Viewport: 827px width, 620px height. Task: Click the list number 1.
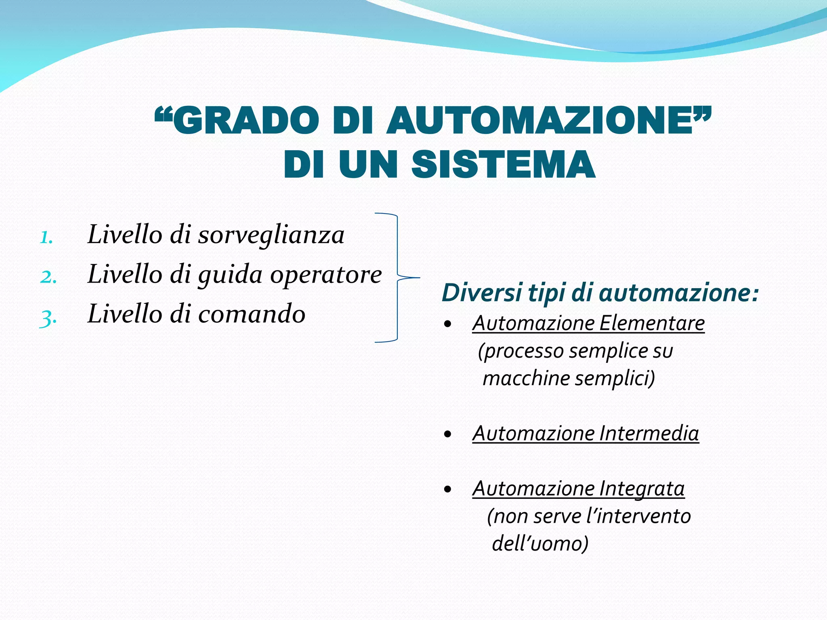click(x=46, y=237)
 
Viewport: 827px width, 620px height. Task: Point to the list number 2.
click(x=48, y=277)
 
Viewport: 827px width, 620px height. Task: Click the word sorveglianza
click(x=271, y=235)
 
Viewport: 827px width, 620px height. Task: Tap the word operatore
click(x=325, y=274)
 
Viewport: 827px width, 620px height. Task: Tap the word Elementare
click(x=652, y=323)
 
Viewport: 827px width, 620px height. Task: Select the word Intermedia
click(x=649, y=434)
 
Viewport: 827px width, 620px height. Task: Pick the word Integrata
click(x=642, y=489)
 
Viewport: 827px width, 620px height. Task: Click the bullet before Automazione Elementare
click(x=447, y=324)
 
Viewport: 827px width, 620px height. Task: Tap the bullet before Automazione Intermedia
click(x=447, y=435)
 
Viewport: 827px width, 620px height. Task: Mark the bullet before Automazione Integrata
click(x=447, y=490)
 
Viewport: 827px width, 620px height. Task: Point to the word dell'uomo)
click(x=540, y=543)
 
